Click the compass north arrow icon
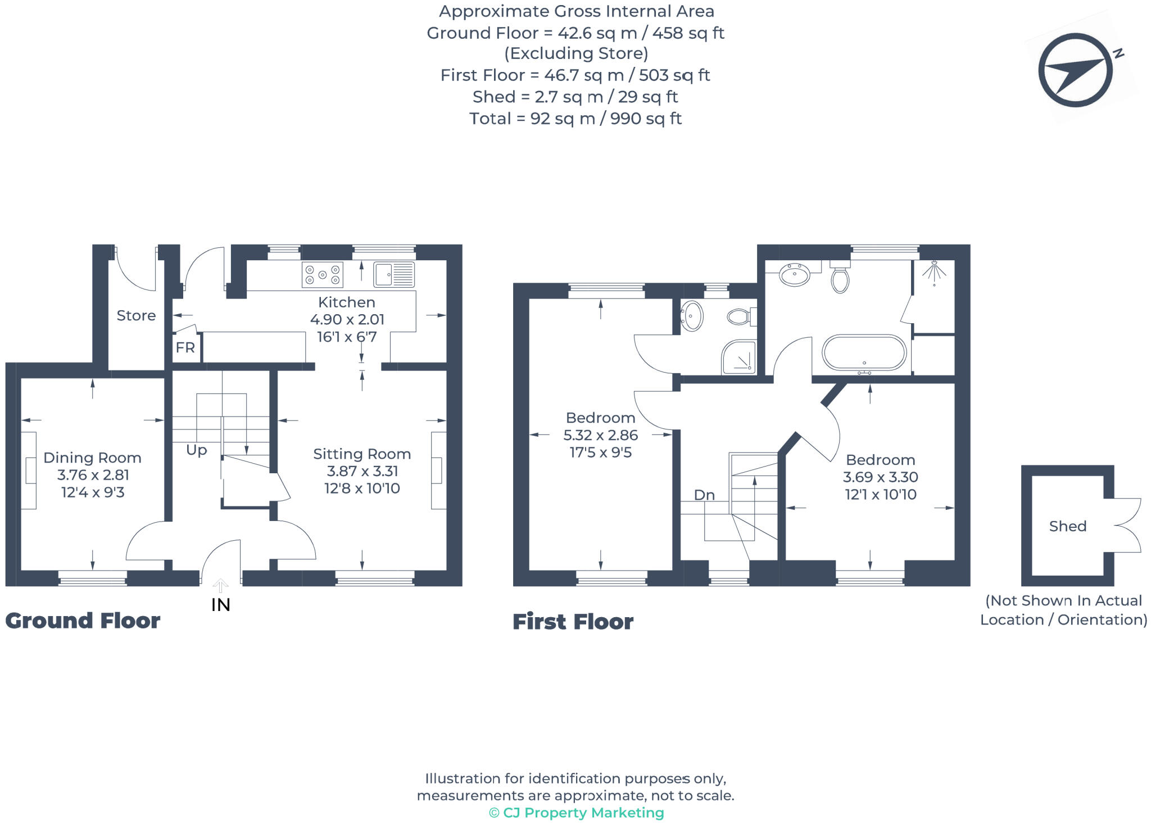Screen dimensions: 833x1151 click(1075, 70)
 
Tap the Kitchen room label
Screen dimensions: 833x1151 click(347, 302)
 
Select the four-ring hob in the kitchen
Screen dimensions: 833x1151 click(322, 275)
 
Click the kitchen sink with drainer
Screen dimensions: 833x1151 click(394, 275)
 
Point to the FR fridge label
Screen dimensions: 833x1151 click(185, 348)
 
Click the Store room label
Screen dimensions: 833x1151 click(136, 316)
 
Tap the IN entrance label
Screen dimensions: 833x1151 click(221, 605)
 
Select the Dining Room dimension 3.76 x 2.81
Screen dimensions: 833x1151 click(93, 475)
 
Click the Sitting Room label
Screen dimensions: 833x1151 click(362, 454)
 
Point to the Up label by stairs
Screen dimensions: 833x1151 click(197, 450)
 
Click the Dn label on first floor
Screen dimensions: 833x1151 click(704, 495)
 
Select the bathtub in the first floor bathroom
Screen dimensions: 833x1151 click(864, 353)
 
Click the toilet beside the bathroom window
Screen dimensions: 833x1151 click(840, 277)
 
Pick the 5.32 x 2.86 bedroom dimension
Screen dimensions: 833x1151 click(600, 436)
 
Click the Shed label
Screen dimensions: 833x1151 click(1067, 527)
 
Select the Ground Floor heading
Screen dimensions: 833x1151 click(83, 621)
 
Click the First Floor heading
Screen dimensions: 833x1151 click(573, 622)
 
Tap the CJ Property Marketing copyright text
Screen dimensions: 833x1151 click(577, 813)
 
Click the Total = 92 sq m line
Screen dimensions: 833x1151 click(575, 119)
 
